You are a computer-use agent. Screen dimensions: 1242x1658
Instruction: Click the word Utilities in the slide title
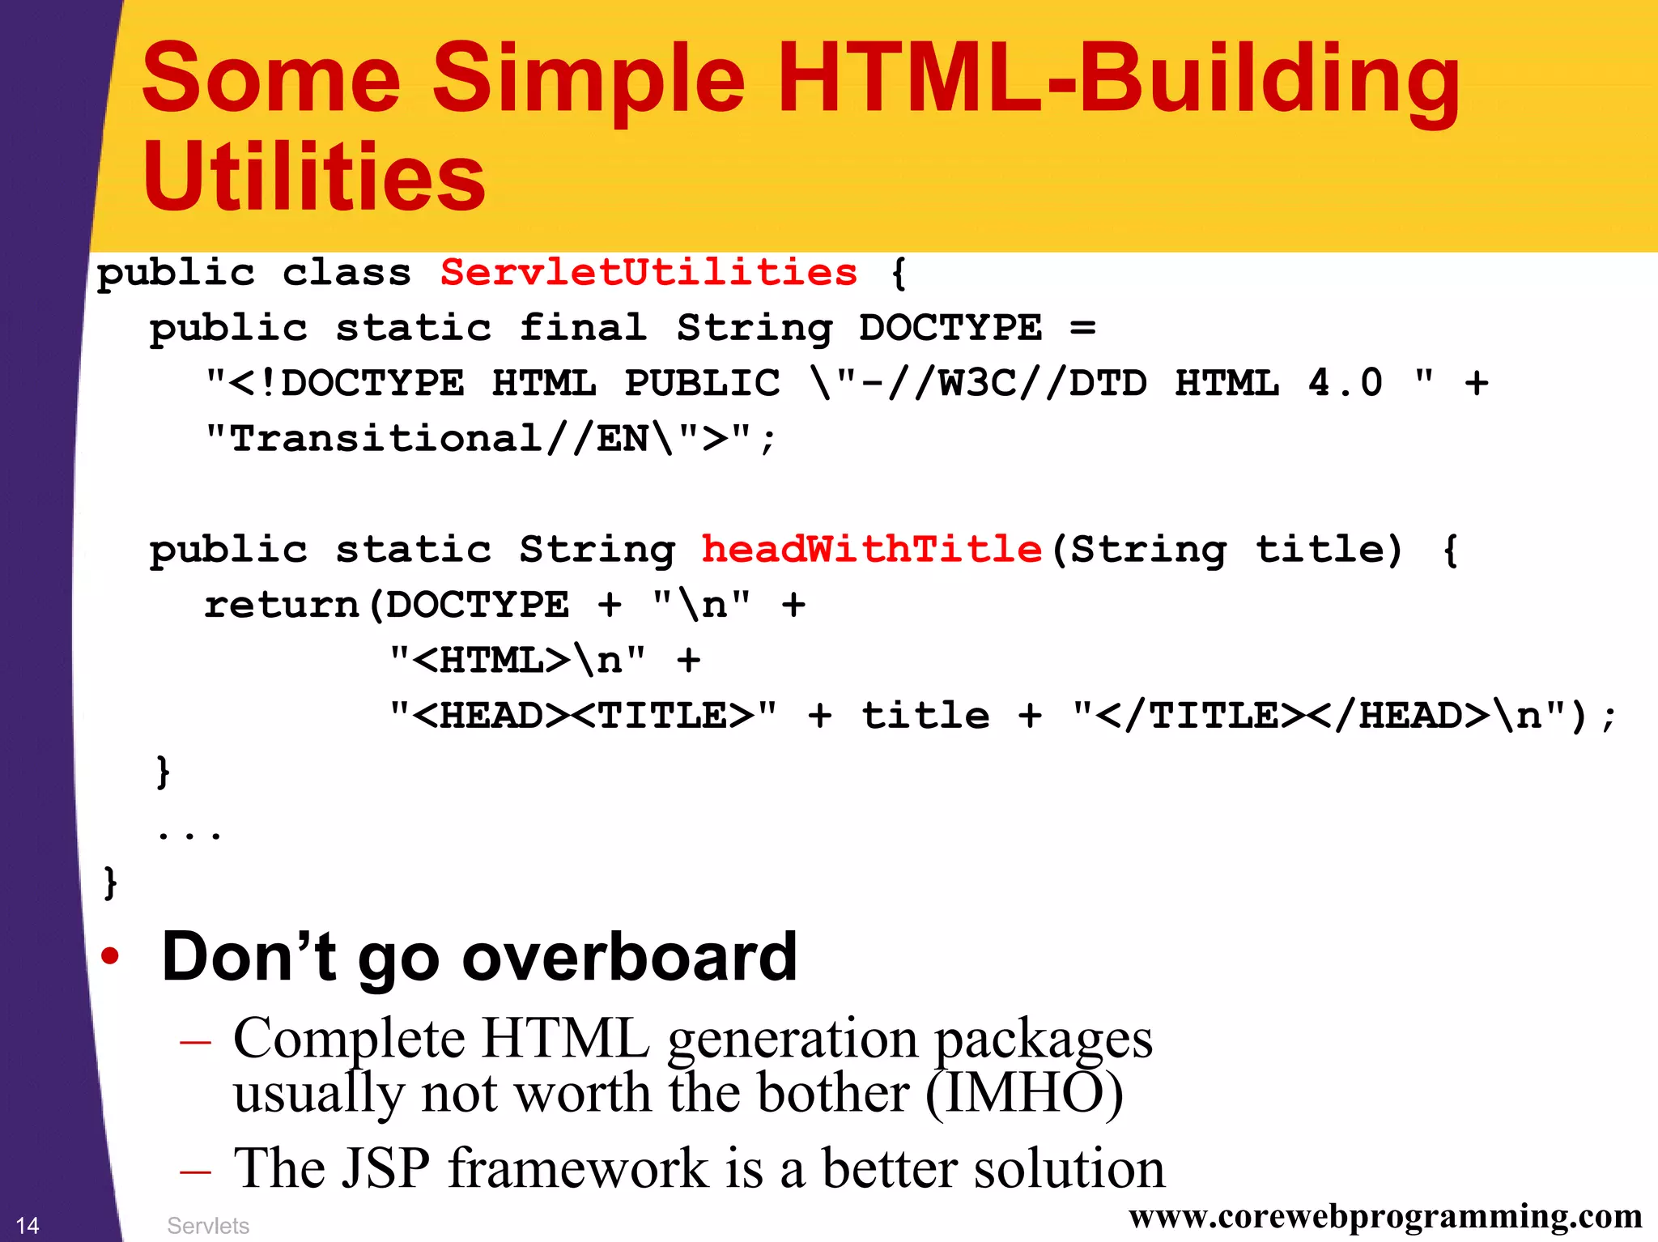coord(314,177)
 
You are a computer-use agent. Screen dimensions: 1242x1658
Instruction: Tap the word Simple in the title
coord(589,79)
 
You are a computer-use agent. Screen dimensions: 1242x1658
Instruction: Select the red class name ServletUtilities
coord(648,272)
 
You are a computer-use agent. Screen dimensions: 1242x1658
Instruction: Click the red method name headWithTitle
coord(871,549)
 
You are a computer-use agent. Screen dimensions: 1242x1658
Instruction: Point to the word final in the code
coord(583,328)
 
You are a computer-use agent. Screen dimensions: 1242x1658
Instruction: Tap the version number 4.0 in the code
coord(1345,383)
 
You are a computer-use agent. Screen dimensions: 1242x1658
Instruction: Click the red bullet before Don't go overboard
coord(110,956)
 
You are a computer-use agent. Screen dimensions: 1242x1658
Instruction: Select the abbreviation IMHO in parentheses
coord(1024,1093)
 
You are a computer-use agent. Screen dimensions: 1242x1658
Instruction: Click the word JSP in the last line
coord(385,1168)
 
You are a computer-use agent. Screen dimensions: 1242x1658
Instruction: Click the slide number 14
coord(28,1225)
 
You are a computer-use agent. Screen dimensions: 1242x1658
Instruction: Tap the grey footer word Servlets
coord(208,1226)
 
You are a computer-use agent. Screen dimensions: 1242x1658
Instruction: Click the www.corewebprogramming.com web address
coord(1385,1216)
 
